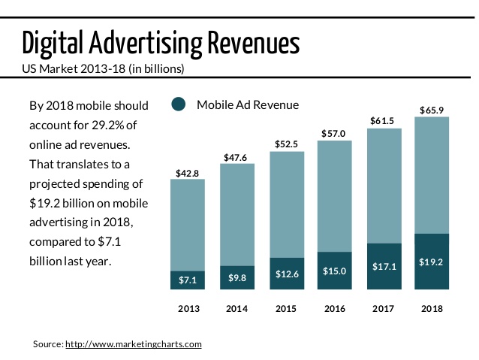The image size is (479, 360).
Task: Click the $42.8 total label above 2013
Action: click(188, 173)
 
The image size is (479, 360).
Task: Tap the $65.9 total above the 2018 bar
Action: click(432, 110)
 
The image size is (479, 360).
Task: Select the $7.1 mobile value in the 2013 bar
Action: click(188, 280)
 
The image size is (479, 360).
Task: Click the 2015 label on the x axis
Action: click(285, 308)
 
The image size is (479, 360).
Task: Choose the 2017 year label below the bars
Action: click(383, 308)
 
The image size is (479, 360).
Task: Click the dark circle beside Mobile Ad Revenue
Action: click(179, 104)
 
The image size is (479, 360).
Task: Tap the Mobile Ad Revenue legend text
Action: click(248, 104)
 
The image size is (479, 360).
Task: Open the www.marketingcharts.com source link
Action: click(134, 343)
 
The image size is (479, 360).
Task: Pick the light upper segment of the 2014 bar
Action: click(236, 214)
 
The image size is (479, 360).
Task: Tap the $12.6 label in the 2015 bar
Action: click(285, 274)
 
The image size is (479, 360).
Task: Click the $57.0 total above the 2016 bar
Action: click(334, 134)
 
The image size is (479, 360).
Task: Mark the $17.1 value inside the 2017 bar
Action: click(383, 266)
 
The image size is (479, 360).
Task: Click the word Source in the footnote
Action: click(47, 343)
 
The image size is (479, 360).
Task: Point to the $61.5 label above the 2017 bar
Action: click(383, 121)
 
